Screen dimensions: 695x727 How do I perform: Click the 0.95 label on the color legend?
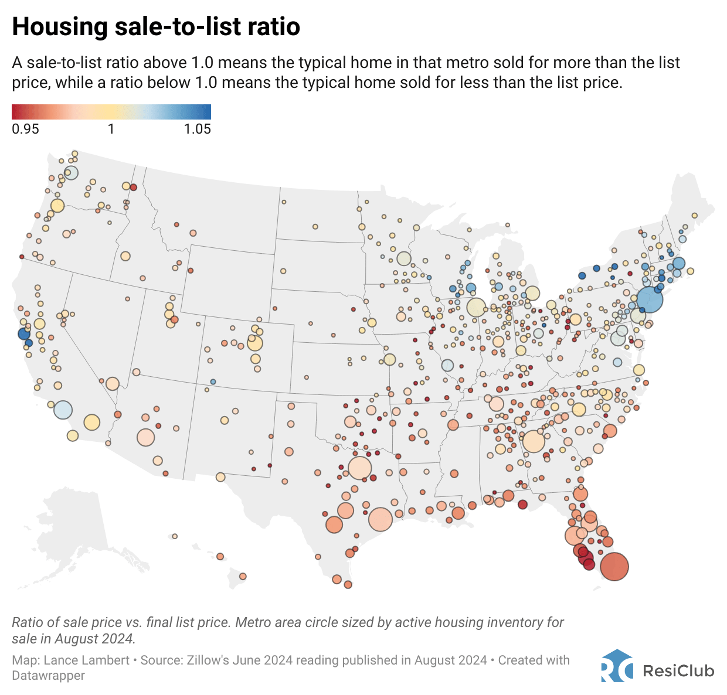(25, 129)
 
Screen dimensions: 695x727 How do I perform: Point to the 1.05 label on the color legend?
(197, 129)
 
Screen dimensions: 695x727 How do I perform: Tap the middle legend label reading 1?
(111, 129)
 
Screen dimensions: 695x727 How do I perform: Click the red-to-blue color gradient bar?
(111, 112)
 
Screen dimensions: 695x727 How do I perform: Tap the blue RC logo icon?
(616, 666)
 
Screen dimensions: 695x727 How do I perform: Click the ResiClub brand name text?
(678, 670)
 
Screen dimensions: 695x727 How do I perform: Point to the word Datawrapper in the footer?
(49, 676)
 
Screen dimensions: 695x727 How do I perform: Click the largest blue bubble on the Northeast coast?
(650, 299)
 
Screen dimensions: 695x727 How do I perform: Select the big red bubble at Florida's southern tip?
(614, 567)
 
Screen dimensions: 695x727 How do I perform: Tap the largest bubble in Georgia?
(534, 441)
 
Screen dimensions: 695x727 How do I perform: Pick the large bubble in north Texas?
(360, 469)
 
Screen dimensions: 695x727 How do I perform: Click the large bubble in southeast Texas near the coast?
(381, 519)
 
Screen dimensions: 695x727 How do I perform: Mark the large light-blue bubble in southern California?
(63, 410)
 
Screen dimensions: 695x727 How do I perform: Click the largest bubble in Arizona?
(145, 437)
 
